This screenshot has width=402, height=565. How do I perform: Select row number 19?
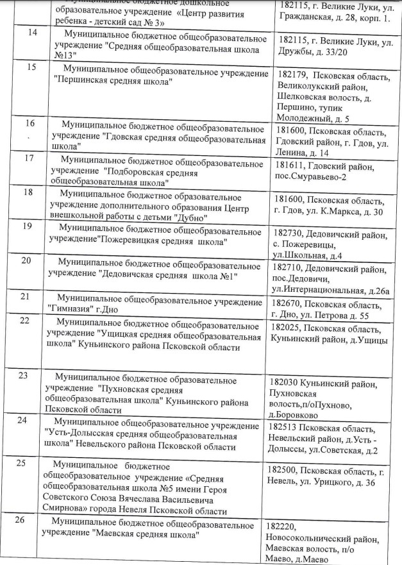(x=26, y=226)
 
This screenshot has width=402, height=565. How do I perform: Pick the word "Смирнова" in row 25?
(x=63, y=512)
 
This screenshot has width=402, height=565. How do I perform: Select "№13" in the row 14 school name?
(x=69, y=55)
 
